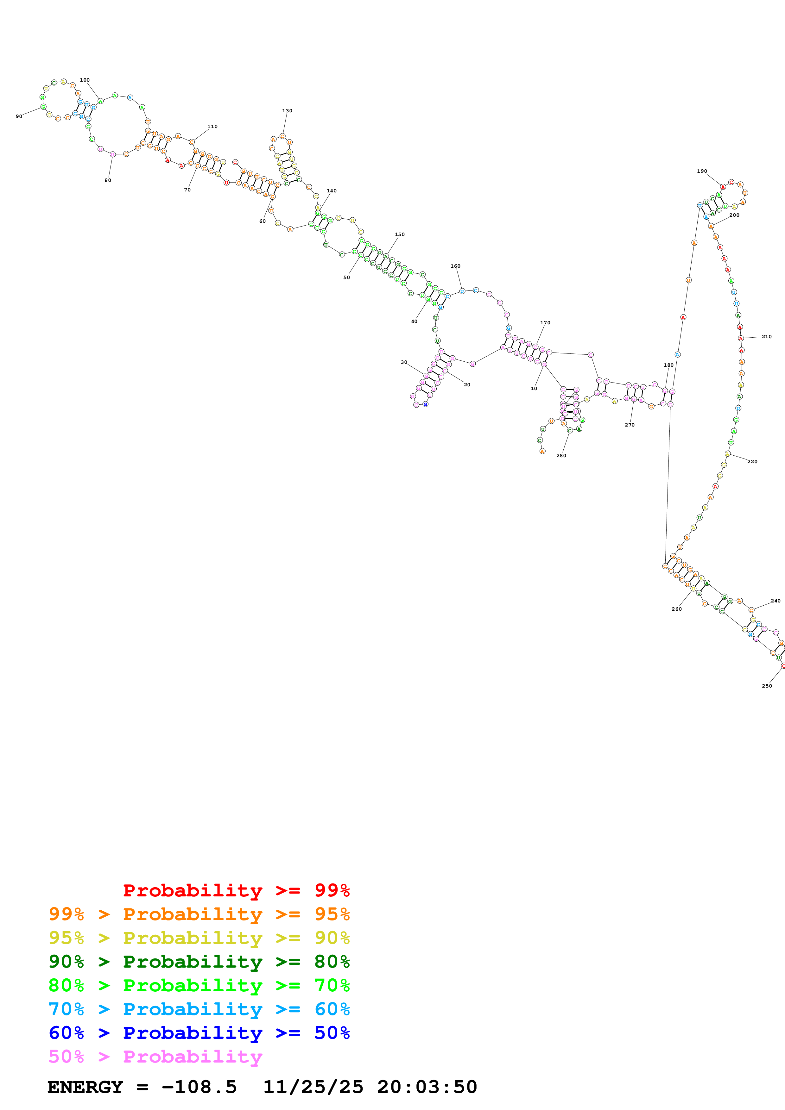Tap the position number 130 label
coord(287,111)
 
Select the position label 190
coord(702,171)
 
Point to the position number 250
coord(767,686)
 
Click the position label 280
coord(561,455)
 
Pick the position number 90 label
coord(19,116)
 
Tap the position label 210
coord(767,336)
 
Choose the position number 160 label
coord(456,266)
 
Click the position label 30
coord(404,362)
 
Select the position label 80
coord(108,180)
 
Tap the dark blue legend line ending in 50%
coord(199,1033)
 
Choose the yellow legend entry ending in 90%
coord(199,938)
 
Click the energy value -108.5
coord(199,1087)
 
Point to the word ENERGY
coord(85,1087)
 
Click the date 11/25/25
coord(313,1087)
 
